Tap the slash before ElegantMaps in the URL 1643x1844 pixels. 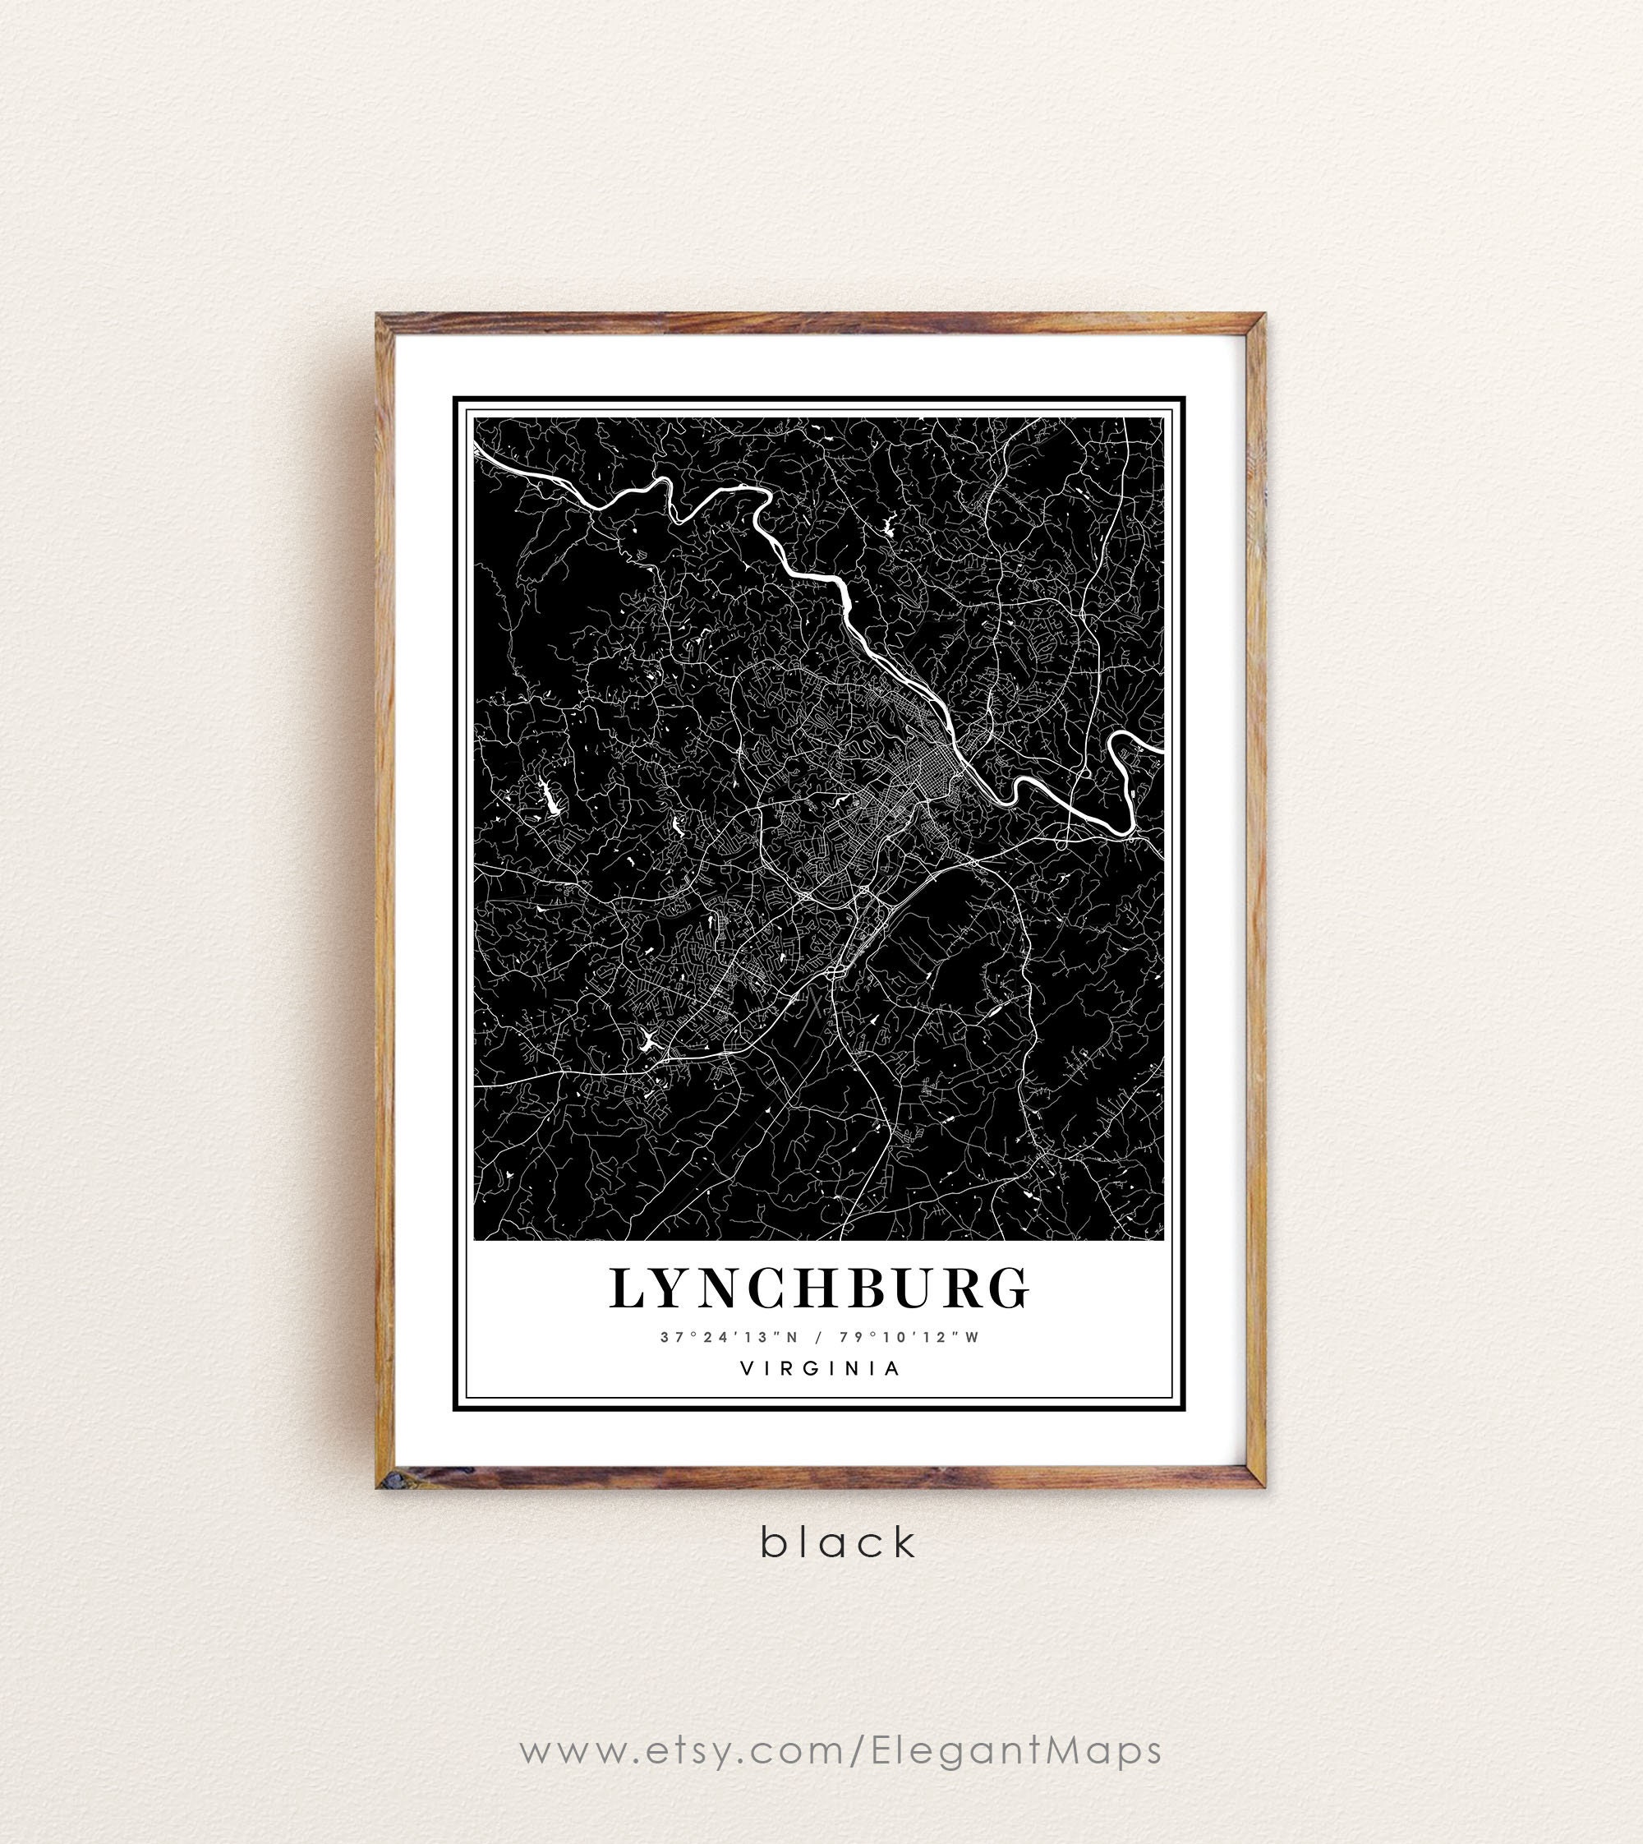pyautogui.click(x=853, y=1700)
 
